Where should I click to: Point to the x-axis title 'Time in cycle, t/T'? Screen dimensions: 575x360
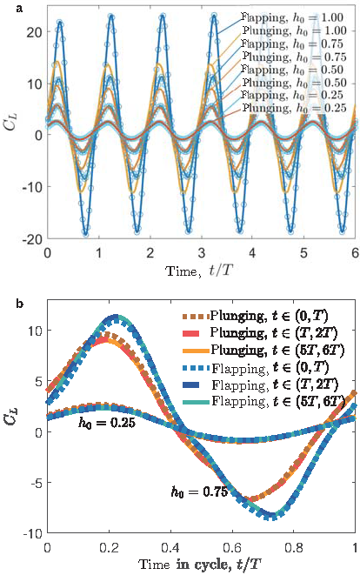pos(201,564)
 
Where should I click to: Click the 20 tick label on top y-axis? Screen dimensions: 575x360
pos(33,33)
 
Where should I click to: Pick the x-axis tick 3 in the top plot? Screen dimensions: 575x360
pos(201,253)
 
